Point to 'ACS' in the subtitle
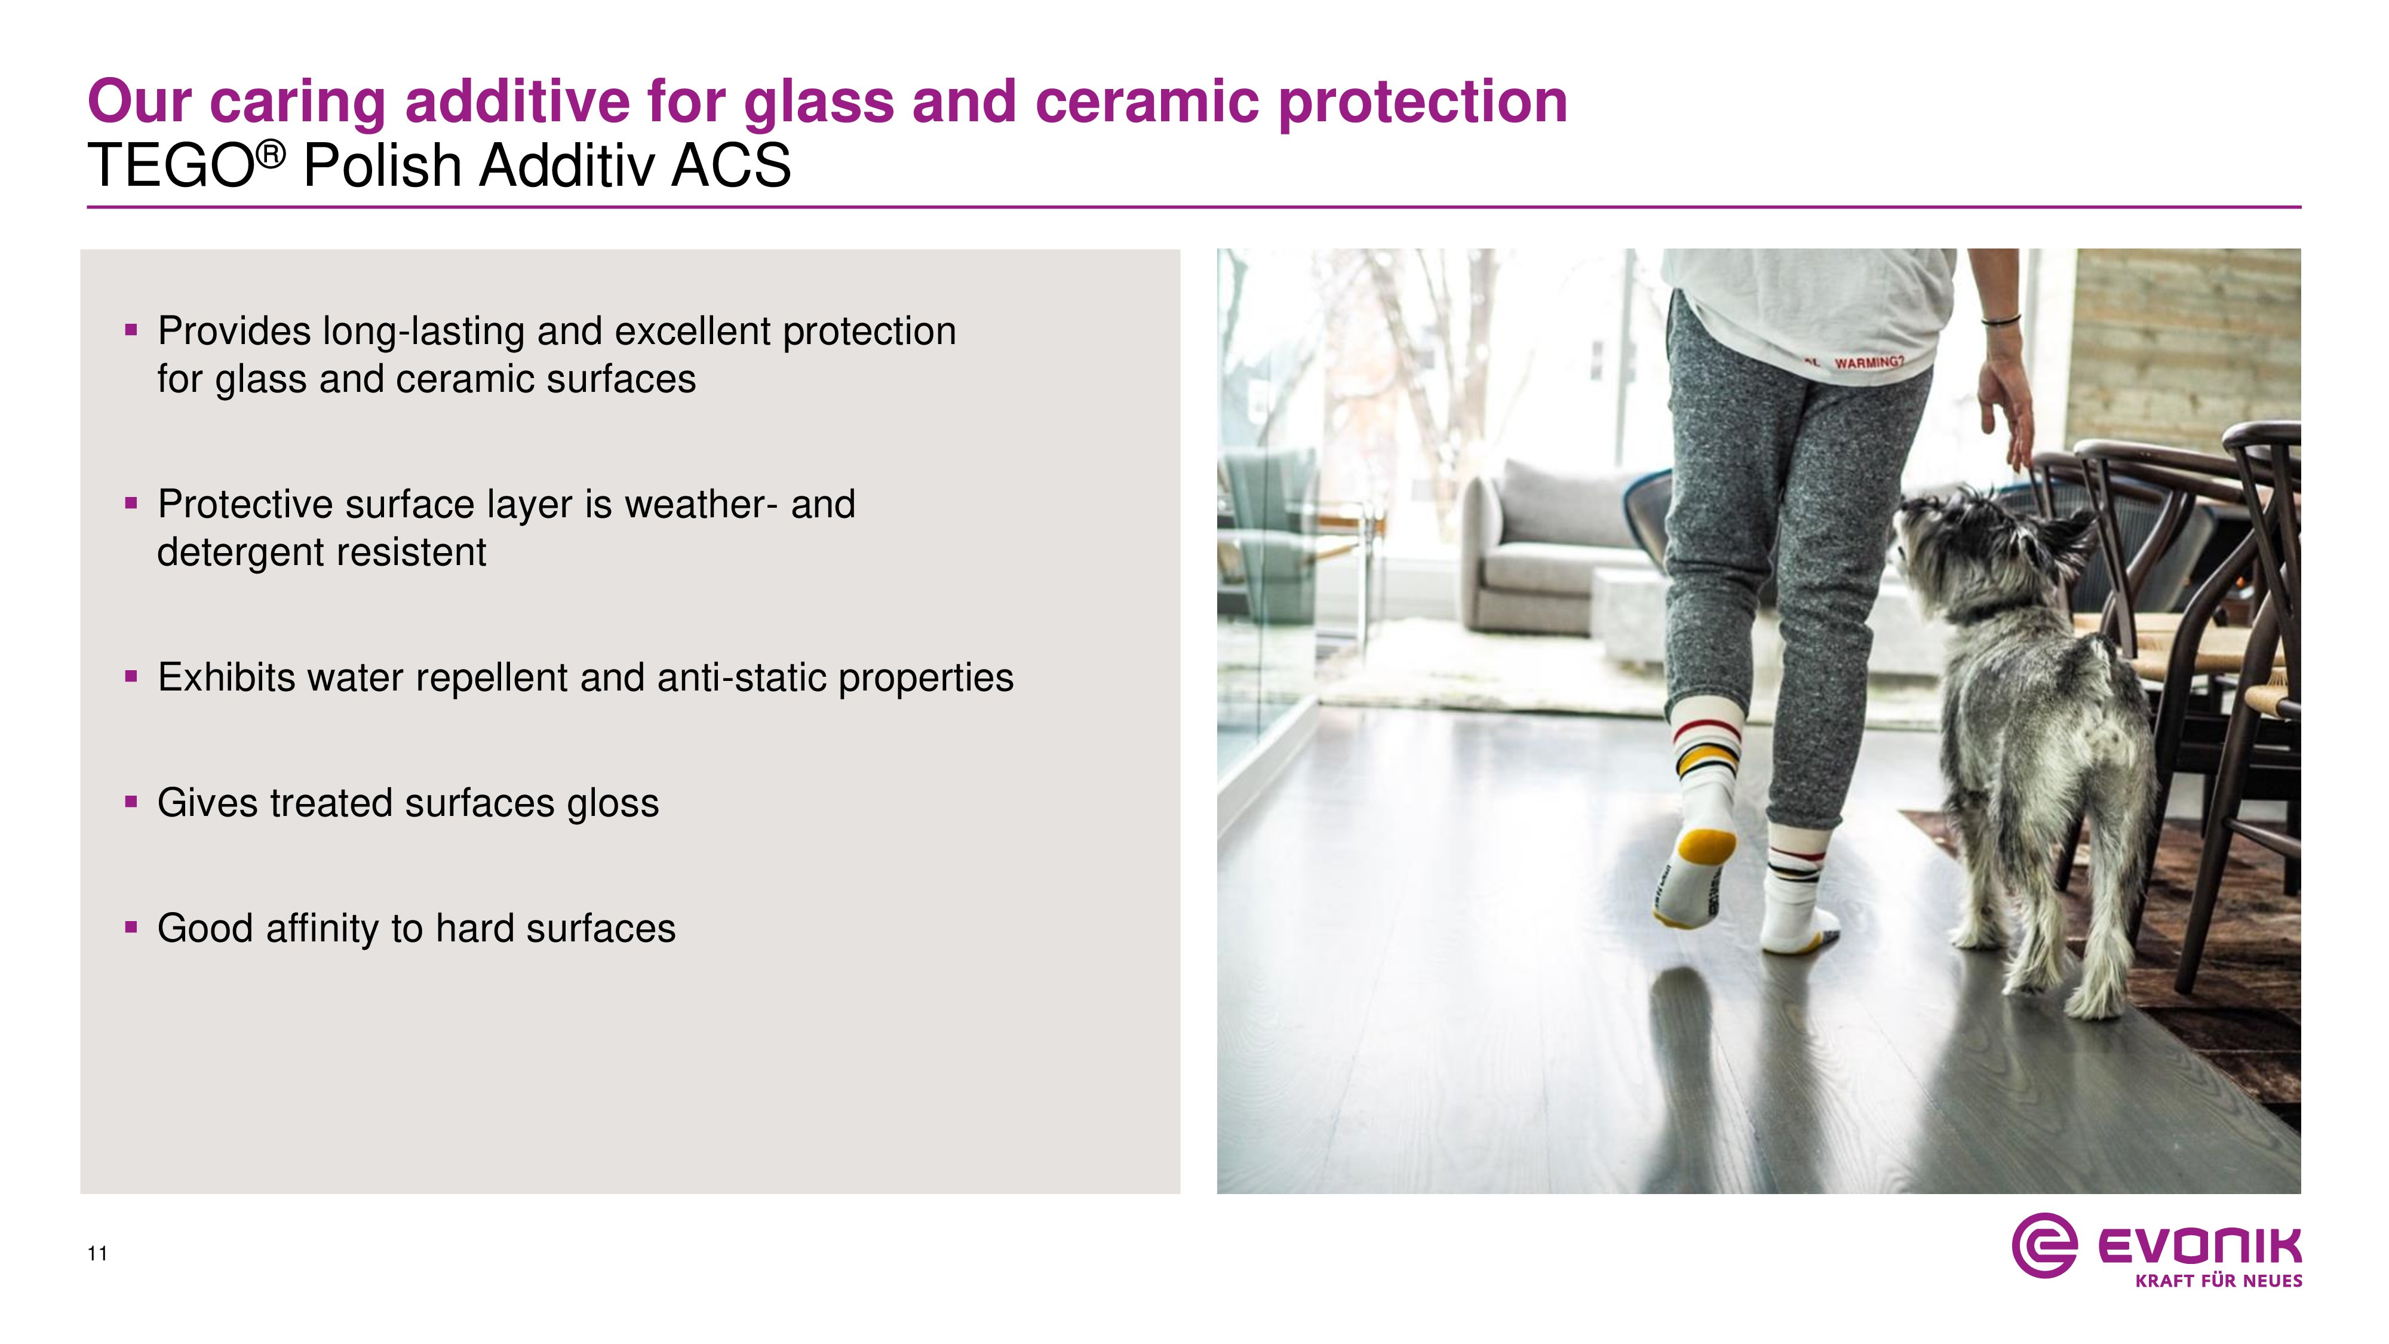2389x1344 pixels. point(732,166)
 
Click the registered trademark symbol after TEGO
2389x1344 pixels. point(270,155)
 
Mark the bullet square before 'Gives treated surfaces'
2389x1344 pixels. point(131,802)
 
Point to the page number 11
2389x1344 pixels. point(97,1254)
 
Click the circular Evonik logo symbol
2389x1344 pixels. point(2044,1245)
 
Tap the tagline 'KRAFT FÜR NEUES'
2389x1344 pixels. point(2218,1281)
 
